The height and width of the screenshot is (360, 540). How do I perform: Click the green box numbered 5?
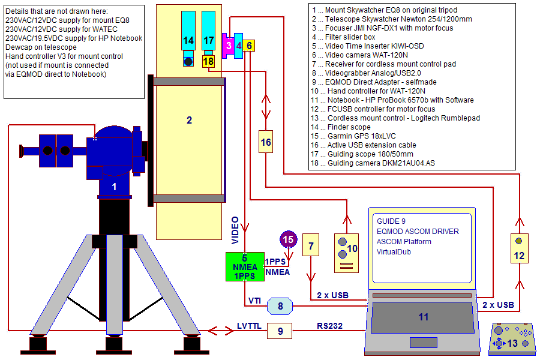pos(245,266)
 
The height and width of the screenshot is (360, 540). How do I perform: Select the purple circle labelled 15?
pos(288,239)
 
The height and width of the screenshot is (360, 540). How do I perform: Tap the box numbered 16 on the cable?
pos(266,142)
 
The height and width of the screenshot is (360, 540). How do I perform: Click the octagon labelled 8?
pos(280,306)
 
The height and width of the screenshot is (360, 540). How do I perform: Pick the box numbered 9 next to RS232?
pos(280,331)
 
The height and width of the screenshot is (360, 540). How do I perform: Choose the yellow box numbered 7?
pos(311,245)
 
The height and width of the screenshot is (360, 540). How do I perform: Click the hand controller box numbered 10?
pos(346,253)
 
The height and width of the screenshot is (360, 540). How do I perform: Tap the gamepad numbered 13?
pos(512,340)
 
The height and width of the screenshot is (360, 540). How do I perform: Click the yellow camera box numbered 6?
pos(249,46)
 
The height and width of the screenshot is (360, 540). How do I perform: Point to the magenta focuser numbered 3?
pos(228,46)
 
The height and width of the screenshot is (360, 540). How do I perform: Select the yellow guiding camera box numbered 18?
pos(208,61)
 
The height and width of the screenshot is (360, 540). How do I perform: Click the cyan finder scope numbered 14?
pos(188,38)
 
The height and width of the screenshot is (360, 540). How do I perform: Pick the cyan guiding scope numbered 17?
pos(208,33)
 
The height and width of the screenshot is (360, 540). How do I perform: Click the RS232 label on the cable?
pos(329,326)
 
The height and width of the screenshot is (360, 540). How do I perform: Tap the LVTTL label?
pos(249,326)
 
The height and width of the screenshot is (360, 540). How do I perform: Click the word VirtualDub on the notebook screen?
pos(394,252)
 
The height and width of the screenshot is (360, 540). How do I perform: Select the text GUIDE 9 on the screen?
pos(391,221)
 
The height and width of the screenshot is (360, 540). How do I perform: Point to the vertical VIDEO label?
pos(235,230)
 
